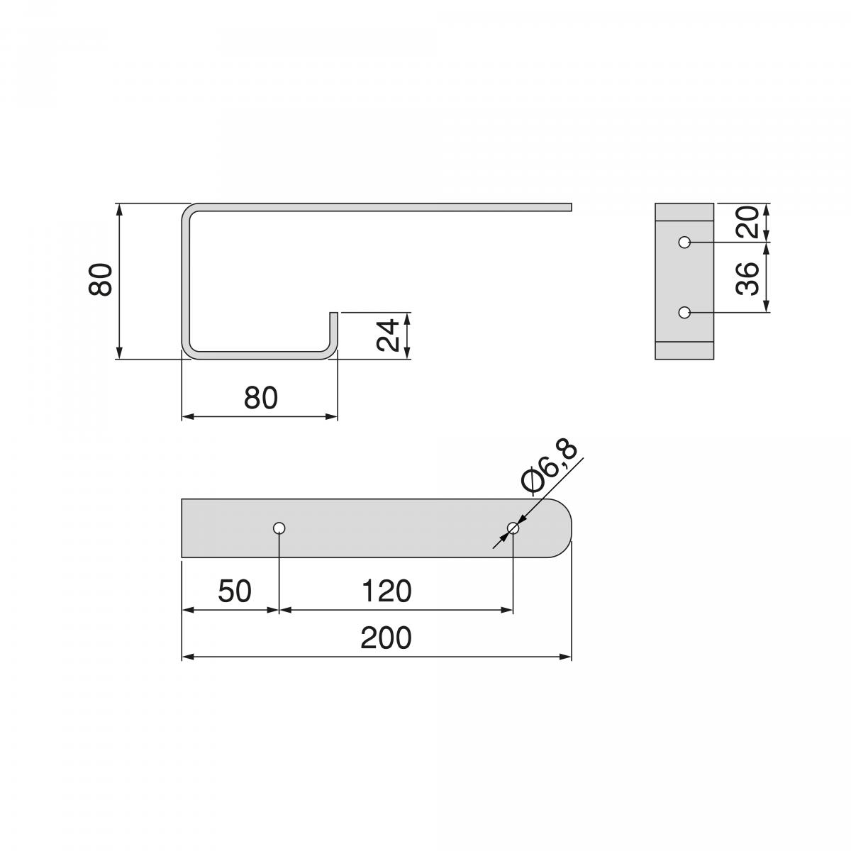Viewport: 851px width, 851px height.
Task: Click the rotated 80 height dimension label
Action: click(x=101, y=279)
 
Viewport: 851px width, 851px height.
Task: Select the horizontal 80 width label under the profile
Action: click(x=260, y=399)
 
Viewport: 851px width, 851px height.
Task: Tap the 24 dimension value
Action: click(x=388, y=335)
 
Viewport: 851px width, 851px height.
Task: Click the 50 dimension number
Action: click(x=235, y=591)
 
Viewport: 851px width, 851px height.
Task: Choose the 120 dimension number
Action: click(x=386, y=591)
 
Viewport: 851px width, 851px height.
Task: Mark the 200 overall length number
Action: click(x=386, y=638)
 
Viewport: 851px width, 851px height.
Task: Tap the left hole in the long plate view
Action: click(x=279, y=528)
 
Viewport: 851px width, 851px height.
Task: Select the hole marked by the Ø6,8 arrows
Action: click(x=513, y=528)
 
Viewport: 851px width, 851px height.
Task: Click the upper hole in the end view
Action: click(x=684, y=243)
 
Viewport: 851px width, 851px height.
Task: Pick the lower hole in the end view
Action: click(x=684, y=312)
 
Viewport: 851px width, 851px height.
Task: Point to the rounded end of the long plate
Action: click(x=564, y=528)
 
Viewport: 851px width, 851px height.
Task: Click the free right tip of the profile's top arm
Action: click(x=569, y=207)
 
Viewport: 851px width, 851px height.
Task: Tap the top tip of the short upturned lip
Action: click(x=333, y=313)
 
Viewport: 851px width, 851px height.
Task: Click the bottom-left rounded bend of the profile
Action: click(x=189, y=350)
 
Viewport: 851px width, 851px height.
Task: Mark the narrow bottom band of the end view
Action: click(x=684, y=350)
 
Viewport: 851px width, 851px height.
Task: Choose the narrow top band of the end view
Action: click(x=684, y=212)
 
